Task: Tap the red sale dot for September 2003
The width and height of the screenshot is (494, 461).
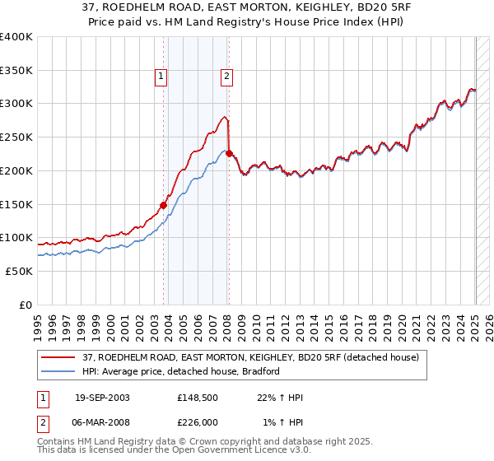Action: [163, 205]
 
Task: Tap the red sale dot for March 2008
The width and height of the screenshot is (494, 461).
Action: [229, 153]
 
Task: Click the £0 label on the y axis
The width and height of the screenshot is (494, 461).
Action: [25, 305]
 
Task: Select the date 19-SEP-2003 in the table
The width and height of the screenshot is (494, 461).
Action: [100, 398]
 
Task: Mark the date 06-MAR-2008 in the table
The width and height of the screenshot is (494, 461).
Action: [100, 422]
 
